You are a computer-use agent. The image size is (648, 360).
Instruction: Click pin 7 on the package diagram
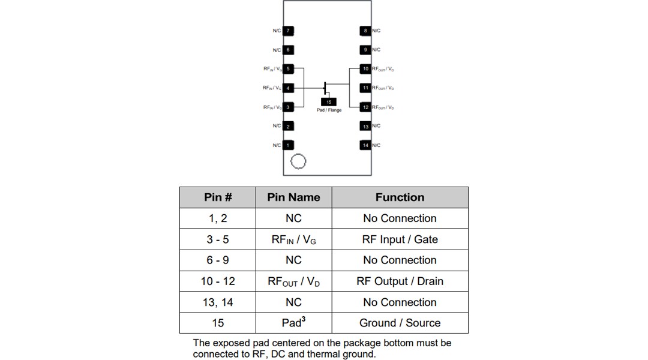point(288,31)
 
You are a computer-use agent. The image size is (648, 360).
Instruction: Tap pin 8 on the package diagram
point(365,31)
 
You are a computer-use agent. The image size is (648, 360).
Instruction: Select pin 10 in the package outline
point(365,69)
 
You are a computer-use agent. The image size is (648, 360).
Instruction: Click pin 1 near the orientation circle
point(288,145)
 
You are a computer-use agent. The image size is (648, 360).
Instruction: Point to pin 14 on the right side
point(365,145)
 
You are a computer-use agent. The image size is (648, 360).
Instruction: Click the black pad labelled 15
point(329,102)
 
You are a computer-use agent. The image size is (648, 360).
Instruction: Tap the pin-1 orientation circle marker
point(298,161)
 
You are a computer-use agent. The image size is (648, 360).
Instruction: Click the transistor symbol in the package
point(325,88)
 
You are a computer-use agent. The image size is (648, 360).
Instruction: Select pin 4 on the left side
point(288,88)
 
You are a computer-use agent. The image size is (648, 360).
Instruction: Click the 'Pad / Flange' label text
point(329,110)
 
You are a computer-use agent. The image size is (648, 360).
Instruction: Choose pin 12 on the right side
point(365,107)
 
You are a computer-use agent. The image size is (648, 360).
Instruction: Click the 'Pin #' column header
point(218,197)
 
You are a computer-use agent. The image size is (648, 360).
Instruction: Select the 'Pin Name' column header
point(293,197)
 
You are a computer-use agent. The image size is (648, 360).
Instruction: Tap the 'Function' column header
point(400,197)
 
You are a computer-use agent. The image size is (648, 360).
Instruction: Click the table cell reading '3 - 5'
point(218,239)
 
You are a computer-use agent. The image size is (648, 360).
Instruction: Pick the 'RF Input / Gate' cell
point(400,239)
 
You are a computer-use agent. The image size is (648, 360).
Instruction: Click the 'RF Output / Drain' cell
point(400,281)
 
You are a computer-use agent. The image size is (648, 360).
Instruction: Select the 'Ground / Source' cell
point(400,323)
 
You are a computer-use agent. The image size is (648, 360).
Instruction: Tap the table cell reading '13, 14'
point(218,302)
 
